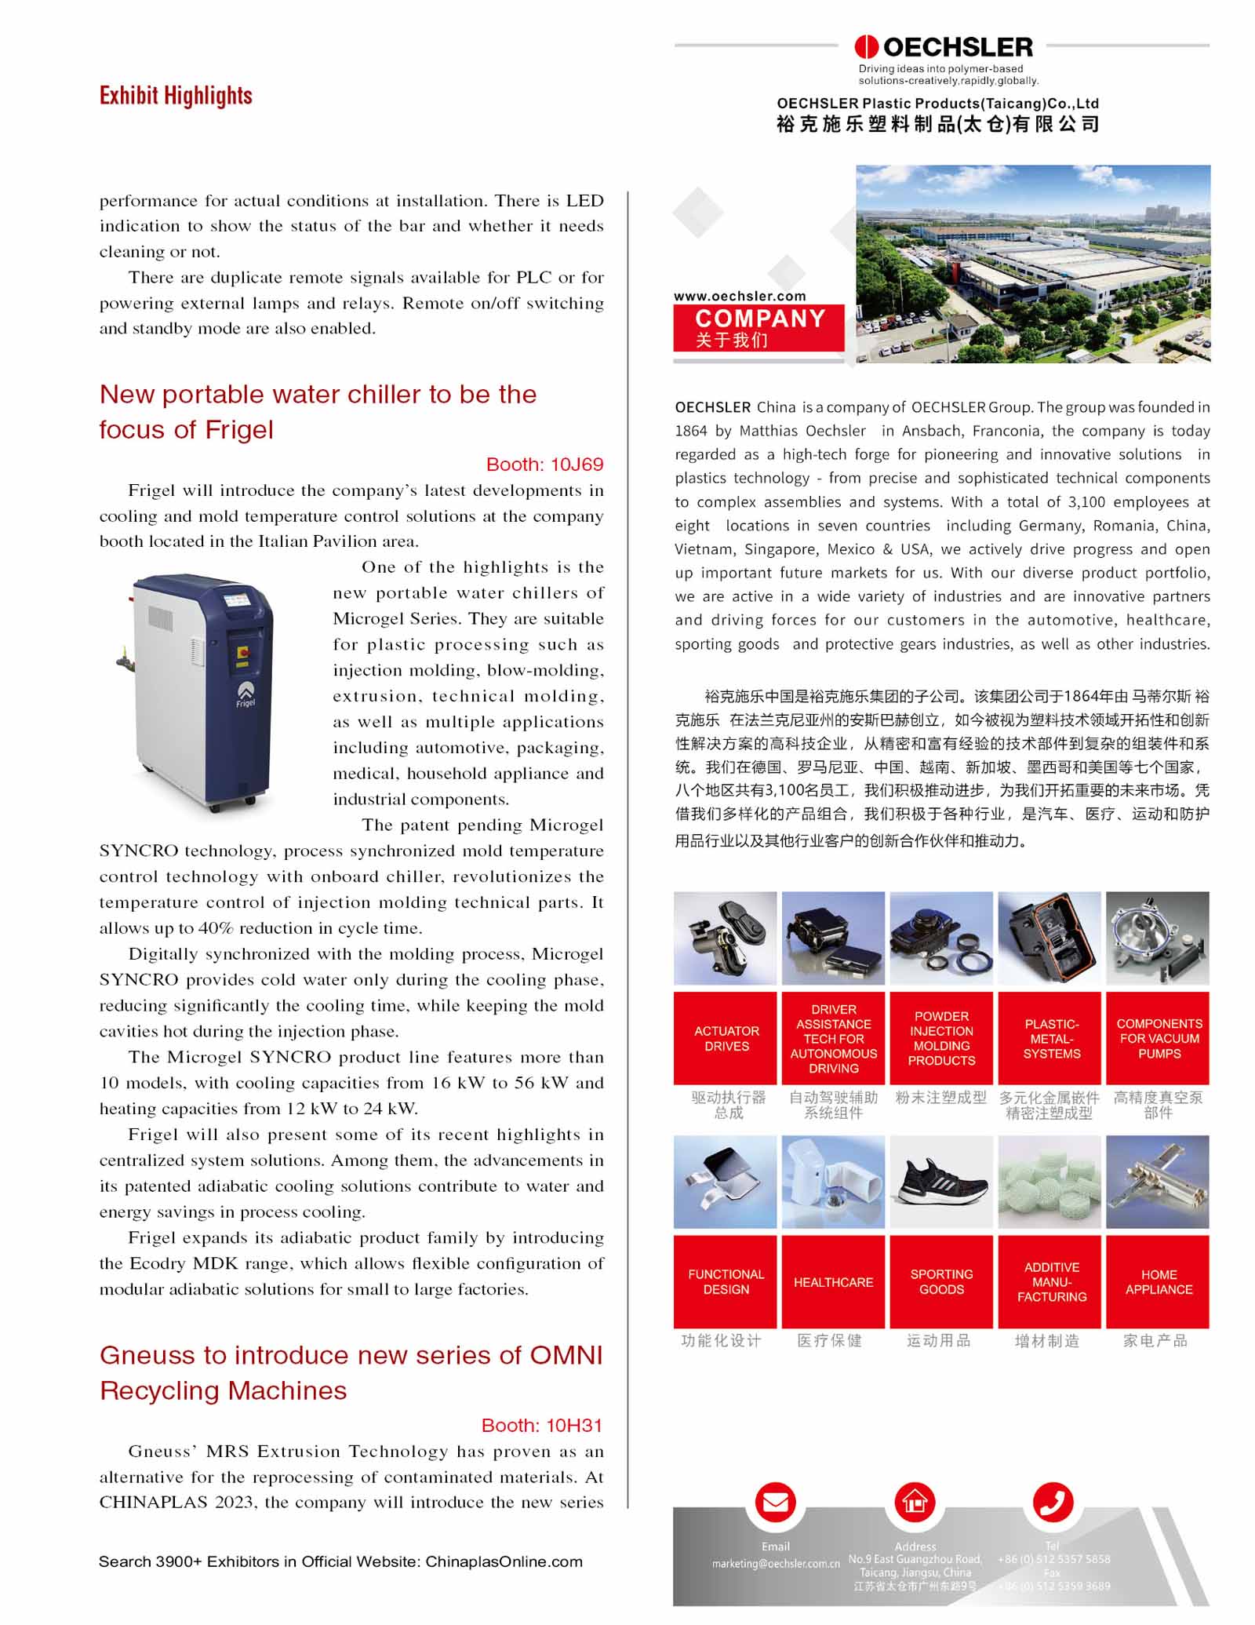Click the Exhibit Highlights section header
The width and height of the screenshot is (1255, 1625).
click(x=176, y=96)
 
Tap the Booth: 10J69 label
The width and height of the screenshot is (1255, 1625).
click(x=544, y=465)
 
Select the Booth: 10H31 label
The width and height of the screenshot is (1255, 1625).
click(x=542, y=1425)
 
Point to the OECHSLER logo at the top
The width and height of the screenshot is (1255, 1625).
click(x=944, y=47)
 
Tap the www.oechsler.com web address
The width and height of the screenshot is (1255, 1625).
click(x=740, y=296)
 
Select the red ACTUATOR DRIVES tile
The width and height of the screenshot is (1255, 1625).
click(x=726, y=1038)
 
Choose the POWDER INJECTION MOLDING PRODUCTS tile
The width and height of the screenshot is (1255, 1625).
click(x=941, y=1038)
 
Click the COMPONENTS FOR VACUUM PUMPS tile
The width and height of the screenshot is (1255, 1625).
click(x=1158, y=1038)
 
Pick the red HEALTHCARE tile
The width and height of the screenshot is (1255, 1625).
click(x=833, y=1281)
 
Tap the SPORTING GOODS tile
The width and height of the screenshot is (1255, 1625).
click(x=941, y=1281)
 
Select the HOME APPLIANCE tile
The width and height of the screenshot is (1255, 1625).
click(x=1158, y=1281)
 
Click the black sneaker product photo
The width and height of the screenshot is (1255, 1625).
click(x=941, y=1182)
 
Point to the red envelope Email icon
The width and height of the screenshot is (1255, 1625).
click(x=775, y=1502)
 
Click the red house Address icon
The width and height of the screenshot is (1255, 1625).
click(x=915, y=1502)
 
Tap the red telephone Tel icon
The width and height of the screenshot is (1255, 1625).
click(x=1052, y=1502)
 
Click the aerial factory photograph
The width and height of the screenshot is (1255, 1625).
click(x=1032, y=264)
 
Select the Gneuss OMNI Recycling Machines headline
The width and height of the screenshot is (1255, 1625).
click(x=351, y=1372)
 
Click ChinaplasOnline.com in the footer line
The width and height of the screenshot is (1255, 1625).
click(x=504, y=1561)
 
